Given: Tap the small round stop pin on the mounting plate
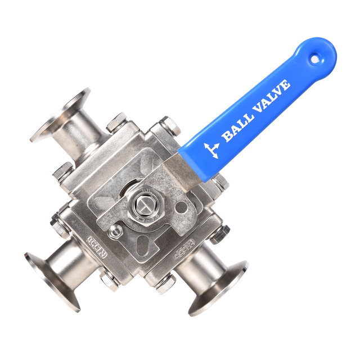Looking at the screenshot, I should pos(115,232).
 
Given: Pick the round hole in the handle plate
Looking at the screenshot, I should pos(179,209).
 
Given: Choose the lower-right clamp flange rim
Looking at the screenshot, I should pos(219,290).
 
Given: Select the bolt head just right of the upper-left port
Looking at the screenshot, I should pos(119,122).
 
